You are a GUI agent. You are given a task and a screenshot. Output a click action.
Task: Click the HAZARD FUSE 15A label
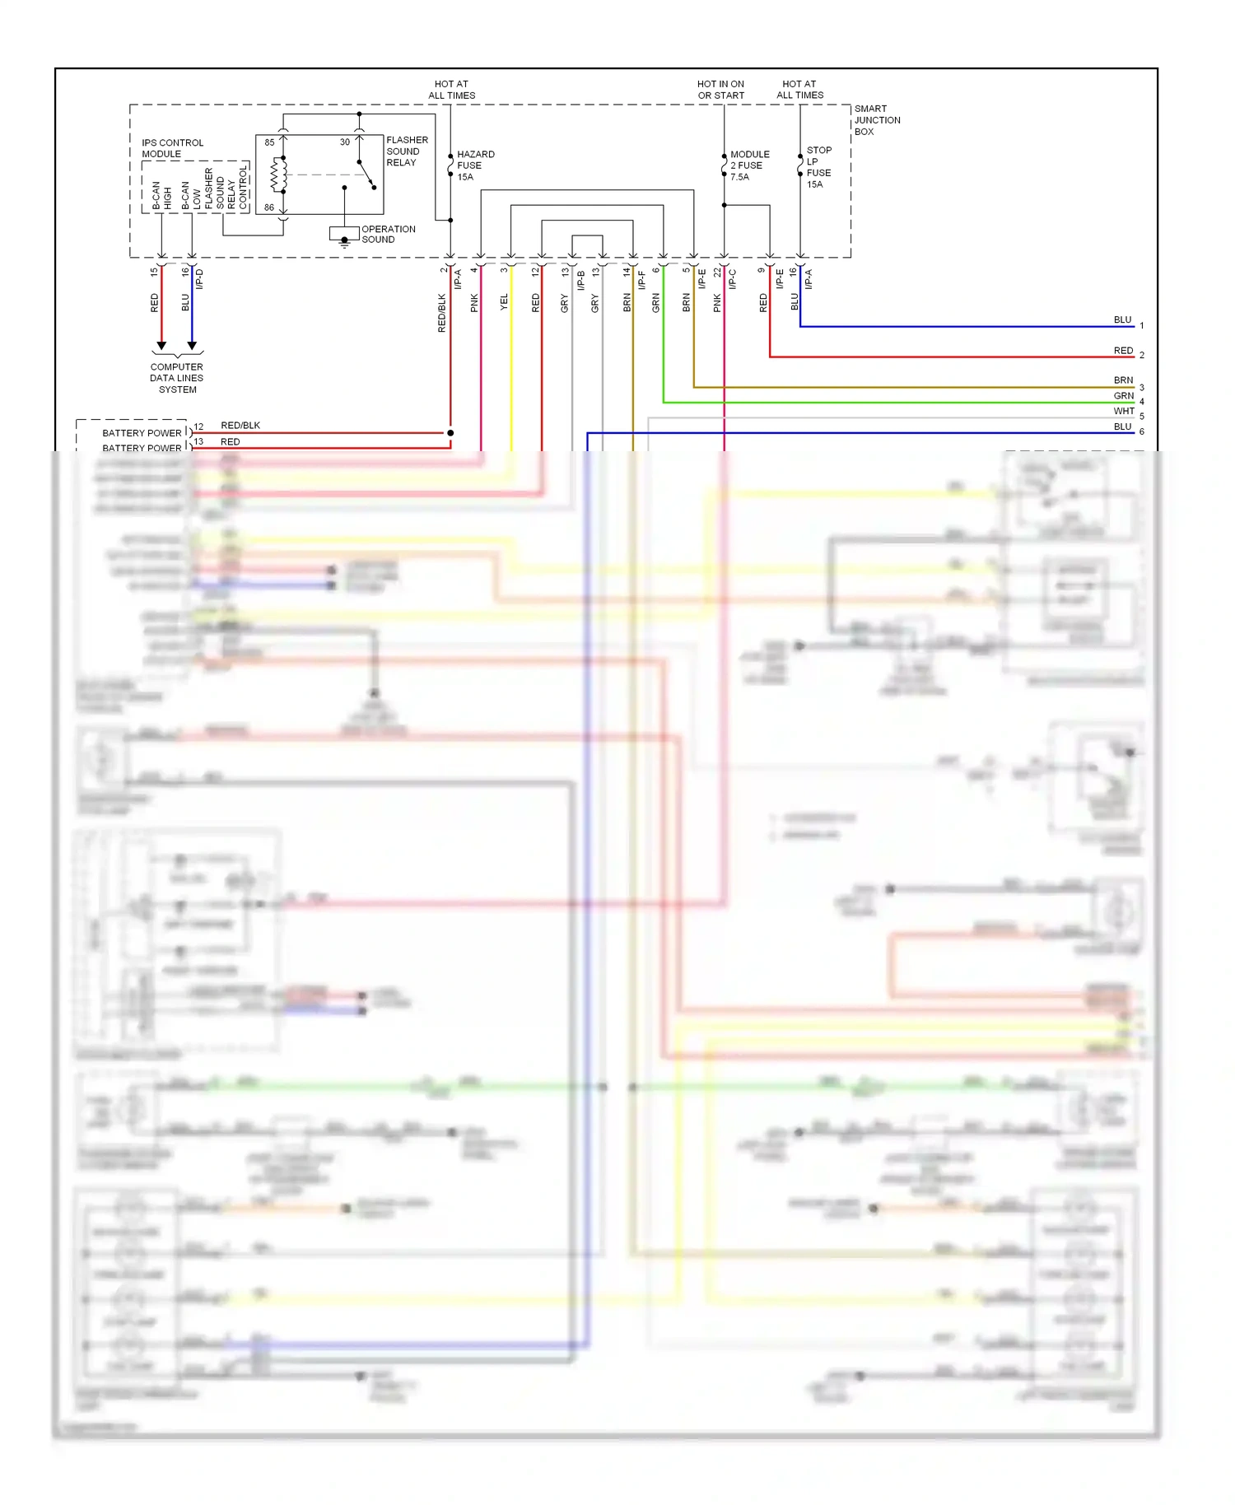475,165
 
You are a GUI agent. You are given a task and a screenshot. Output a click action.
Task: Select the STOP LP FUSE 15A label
818,167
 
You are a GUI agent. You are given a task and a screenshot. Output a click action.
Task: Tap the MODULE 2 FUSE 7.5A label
748,165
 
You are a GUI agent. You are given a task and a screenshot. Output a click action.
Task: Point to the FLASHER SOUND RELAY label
407,151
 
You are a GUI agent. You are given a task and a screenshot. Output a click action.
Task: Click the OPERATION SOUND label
388,235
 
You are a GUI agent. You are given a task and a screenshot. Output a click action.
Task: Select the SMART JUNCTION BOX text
876,120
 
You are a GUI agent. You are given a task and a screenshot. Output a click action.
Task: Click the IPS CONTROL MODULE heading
172,148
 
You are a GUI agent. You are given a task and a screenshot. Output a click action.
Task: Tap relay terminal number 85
269,142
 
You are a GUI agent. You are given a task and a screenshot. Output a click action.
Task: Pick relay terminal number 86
269,207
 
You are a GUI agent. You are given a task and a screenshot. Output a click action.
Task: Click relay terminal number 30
345,142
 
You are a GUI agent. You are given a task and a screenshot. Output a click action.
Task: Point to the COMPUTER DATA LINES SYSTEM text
177,379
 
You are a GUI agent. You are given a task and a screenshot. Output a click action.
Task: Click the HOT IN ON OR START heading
720,90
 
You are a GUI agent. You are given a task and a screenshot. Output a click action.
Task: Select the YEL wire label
504,302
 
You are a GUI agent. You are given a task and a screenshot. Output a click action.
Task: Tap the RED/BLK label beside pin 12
240,426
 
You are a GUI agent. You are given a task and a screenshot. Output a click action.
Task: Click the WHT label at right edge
1124,411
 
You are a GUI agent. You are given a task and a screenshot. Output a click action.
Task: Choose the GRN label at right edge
1124,396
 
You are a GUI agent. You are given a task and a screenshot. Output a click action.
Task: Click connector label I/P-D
200,279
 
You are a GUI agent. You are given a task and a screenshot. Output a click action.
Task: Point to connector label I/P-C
732,279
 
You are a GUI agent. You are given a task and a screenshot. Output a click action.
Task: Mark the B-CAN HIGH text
161,195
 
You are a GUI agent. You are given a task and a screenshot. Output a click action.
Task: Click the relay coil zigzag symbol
277,174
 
